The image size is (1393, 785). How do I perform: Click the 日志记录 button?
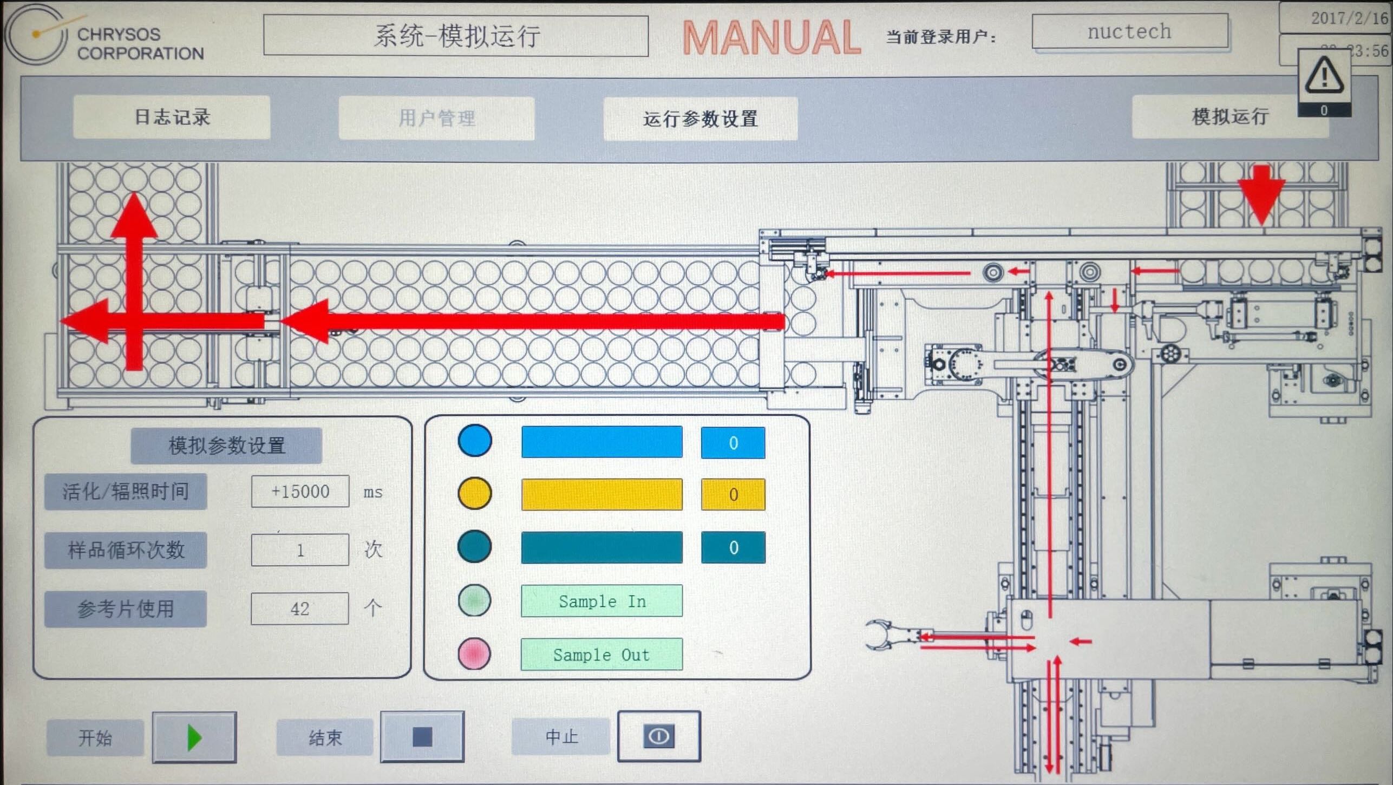(x=172, y=117)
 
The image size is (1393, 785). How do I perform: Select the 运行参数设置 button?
(x=700, y=119)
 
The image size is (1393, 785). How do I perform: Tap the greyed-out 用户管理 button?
(x=436, y=119)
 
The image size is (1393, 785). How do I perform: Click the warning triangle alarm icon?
(x=1324, y=76)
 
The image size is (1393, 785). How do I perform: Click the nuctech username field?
(x=1129, y=31)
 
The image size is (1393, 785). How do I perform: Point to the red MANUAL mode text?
(x=771, y=38)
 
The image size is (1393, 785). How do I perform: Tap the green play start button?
(x=194, y=737)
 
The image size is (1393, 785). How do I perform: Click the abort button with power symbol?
(x=659, y=736)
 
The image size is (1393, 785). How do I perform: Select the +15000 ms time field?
(x=300, y=492)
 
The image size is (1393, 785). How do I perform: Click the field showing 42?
(x=300, y=609)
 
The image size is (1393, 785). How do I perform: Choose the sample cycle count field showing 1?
(x=300, y=550)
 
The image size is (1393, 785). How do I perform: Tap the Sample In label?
(x=601, y=601)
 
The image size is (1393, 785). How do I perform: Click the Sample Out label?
(x=601, y=655)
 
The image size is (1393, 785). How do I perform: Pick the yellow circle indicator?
(x=475, y=493)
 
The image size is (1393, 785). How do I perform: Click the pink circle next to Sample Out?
(x=474, y=653)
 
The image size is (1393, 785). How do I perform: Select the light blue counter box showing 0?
(x=733, y=443)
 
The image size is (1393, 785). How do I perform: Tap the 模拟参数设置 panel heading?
(x=226, y=446)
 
